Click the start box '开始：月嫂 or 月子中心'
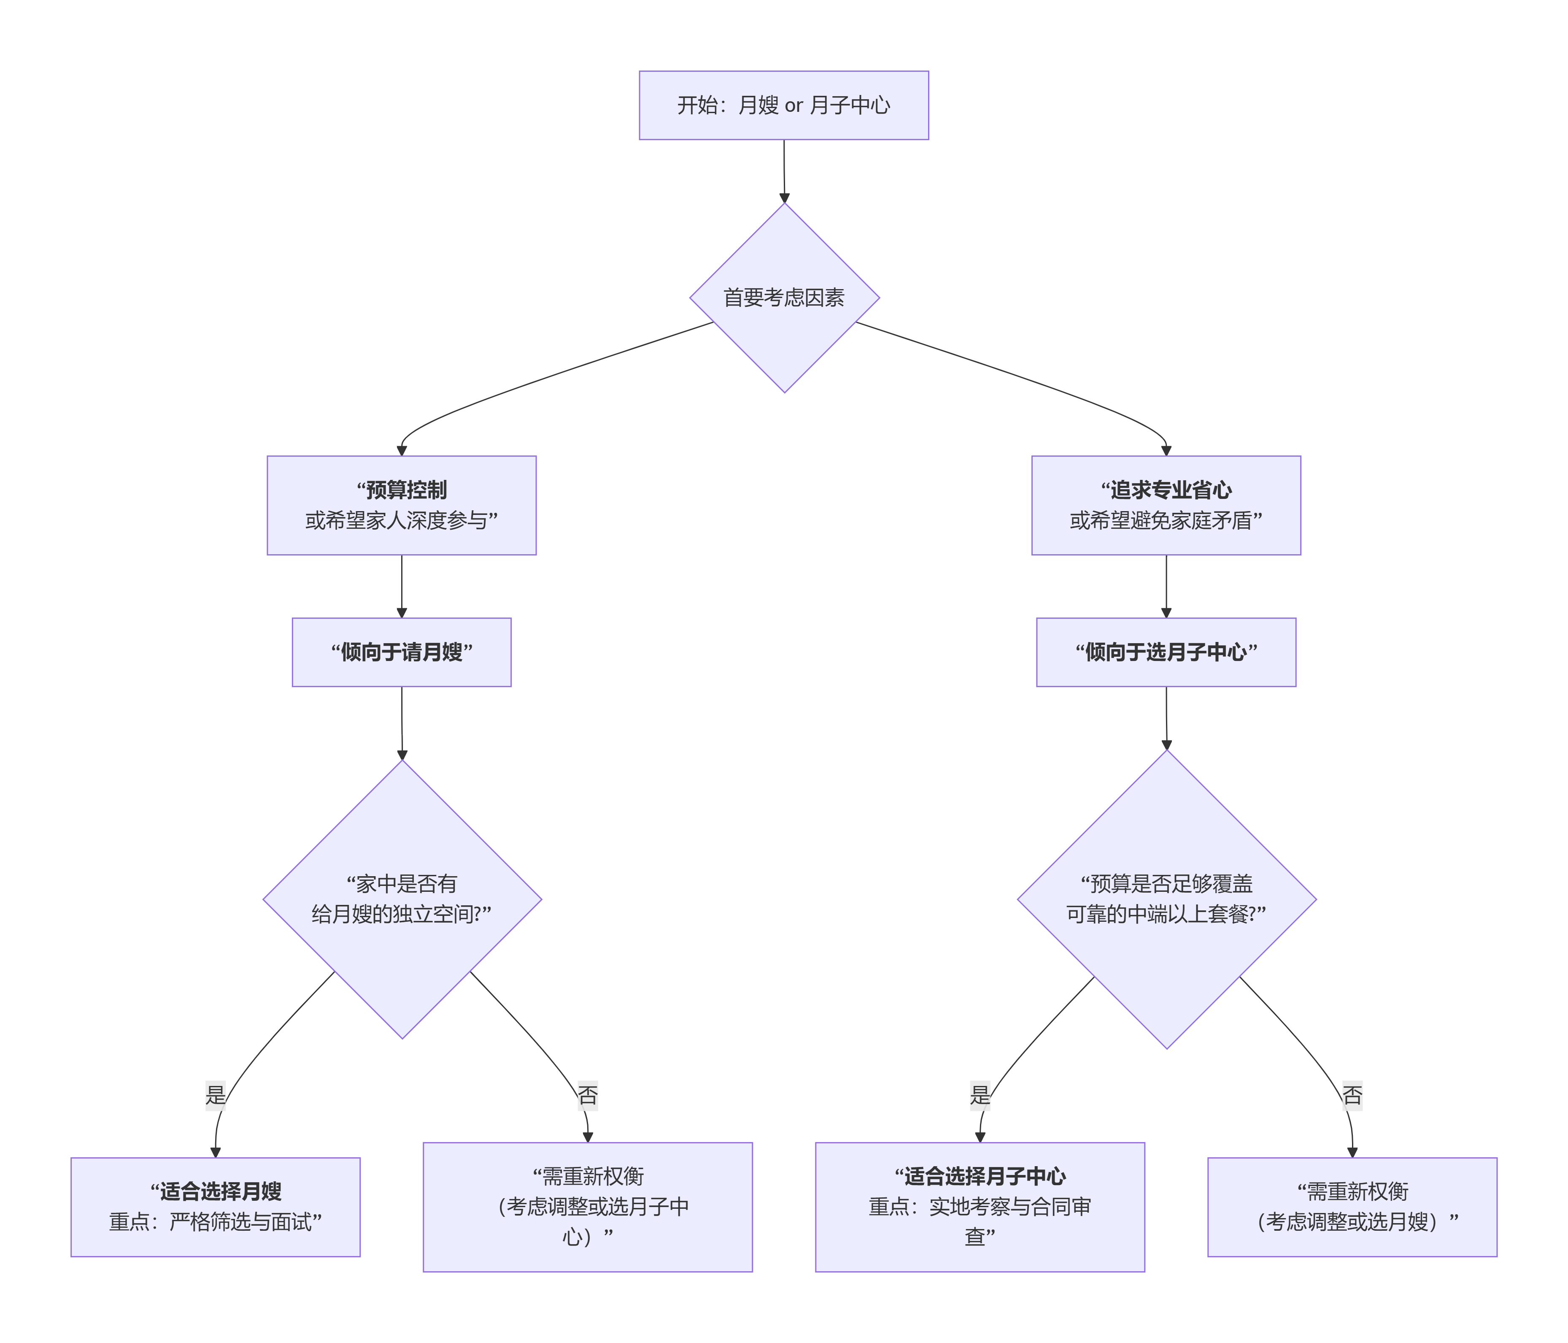(x=783, y=105)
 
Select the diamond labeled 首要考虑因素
(x=784, y=298)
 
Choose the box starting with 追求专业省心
(x=1166, y=505)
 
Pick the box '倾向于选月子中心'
(x=1166, y=652)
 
